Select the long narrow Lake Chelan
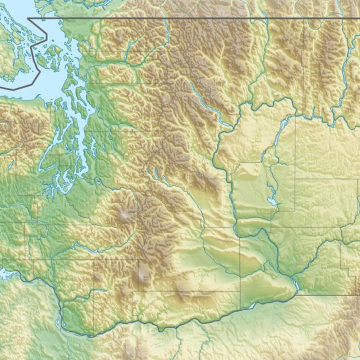(203, 93)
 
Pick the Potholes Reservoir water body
(271, 201)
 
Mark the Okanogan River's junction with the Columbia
(247, 107)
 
